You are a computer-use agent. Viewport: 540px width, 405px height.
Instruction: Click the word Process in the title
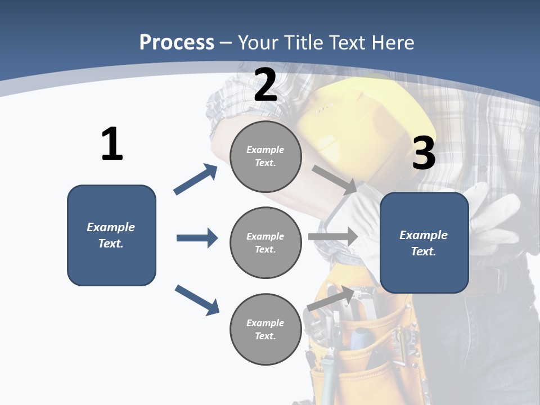point(177,43)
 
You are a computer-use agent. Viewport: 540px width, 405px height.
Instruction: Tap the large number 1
point(112,144)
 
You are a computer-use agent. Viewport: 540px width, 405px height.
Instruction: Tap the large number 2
point(265,85)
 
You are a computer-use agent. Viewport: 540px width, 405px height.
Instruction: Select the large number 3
point(424,154)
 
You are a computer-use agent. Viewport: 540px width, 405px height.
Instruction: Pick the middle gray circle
point(265,243)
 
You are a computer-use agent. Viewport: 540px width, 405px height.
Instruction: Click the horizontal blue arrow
point(197,238)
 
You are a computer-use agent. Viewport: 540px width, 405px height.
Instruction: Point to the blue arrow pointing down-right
point(197,300)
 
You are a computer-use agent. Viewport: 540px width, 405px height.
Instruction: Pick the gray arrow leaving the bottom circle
point(331,299)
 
